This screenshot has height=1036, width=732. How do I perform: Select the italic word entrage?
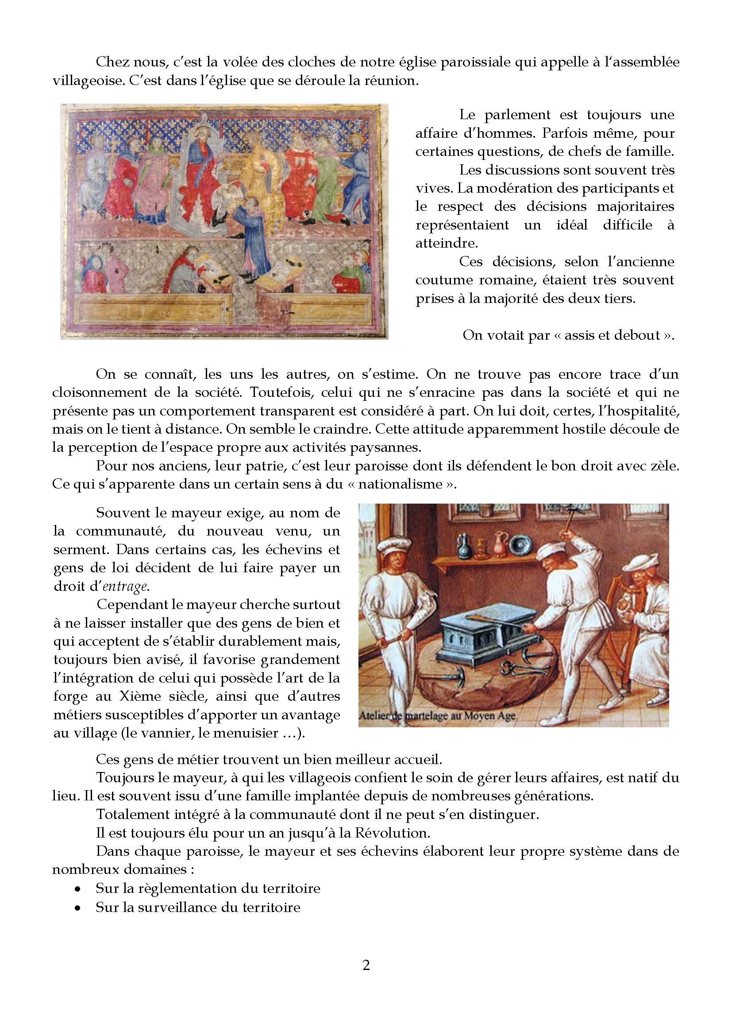125,586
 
